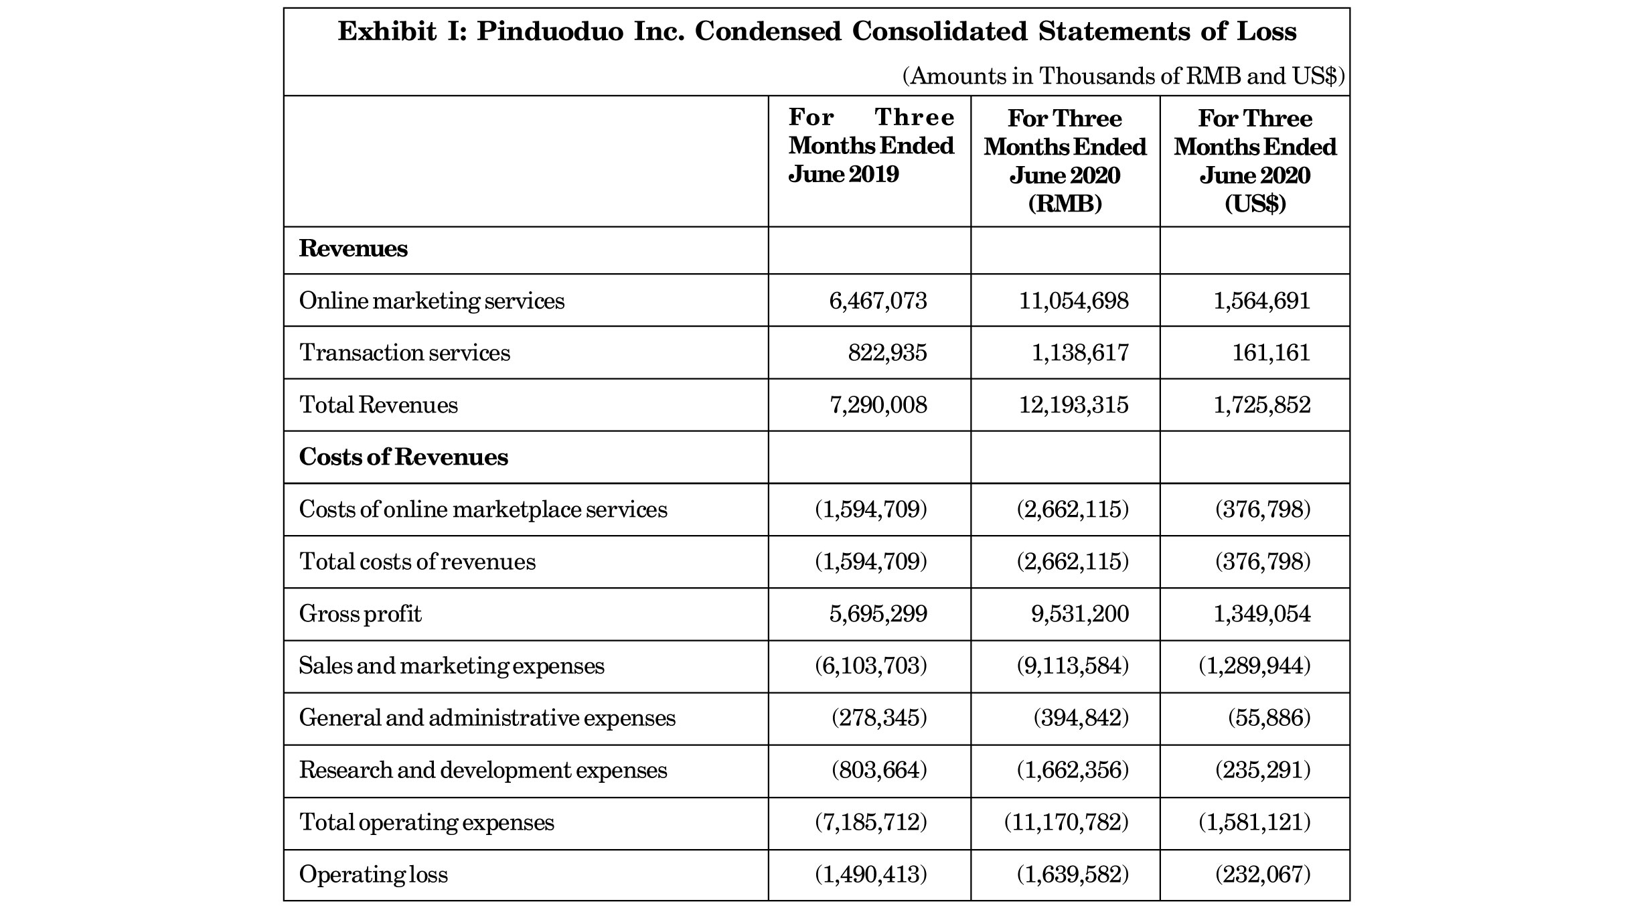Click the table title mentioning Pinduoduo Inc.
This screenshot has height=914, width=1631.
coord(817,31)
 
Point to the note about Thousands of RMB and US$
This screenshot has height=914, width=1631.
coord(1123,76)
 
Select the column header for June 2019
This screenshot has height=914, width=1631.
coord(871,146)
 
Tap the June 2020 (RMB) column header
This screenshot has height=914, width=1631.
coord(1065,161)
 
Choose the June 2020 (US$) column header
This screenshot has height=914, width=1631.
coord(1255,161)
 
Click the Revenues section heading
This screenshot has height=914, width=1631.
coord(353,248)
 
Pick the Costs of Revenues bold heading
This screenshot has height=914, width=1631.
coord(403,457)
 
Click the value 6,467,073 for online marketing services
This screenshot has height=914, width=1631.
coord(878,301)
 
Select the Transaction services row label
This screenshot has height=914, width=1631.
coord(404,352)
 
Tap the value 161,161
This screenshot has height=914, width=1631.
coord(1271,353)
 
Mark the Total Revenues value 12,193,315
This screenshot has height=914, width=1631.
coord(1073,404)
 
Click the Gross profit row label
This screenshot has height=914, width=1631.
coord(360,614)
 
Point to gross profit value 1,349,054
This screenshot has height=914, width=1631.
coord(1262,614)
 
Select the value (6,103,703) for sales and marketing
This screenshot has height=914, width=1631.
coord(870,666)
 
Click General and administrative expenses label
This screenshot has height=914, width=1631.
coord(487,718)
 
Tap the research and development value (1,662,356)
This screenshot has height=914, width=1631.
coord(1073,770)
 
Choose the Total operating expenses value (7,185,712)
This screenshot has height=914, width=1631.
coord(870,822)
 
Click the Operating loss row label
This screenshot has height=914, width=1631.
coord(373,874)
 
